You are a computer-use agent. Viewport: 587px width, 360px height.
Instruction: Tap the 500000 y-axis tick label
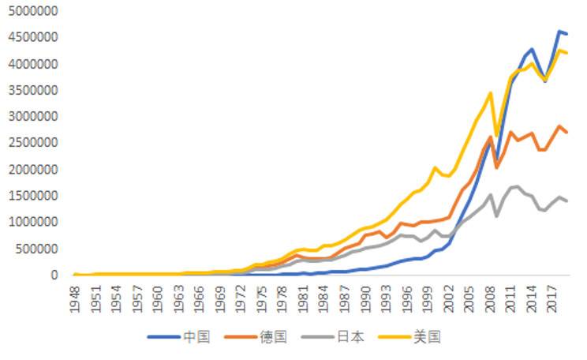pyautogui.click(x=36, y=249)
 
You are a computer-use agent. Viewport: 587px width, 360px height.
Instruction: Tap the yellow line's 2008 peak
pyautogui.click(x=491, y=93)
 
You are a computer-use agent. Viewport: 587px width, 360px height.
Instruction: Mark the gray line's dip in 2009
pyautogui.click(x=497, y=216)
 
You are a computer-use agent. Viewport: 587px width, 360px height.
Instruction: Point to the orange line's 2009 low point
pyautogui.click(x=497, y=167)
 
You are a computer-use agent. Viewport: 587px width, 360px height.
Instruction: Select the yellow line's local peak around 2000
pyautogui.click(x=435, y=167)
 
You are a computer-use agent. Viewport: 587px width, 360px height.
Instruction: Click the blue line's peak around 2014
pyautogui.click(x=532, y=49)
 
